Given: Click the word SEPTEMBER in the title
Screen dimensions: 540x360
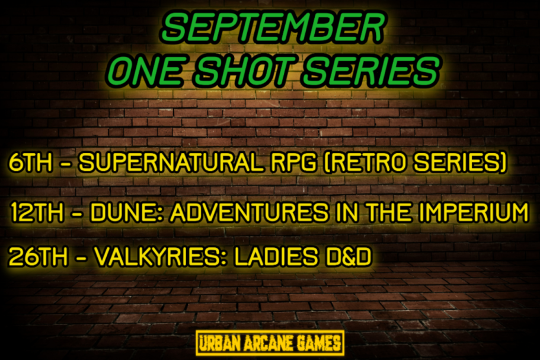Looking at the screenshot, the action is (273, 27).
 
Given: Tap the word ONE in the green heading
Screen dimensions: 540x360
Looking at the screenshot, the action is (145, 71).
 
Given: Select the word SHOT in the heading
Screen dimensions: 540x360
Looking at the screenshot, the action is (245, 71).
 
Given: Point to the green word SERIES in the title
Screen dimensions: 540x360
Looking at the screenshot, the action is (371, 71).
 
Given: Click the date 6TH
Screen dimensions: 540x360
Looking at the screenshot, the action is (31, 163).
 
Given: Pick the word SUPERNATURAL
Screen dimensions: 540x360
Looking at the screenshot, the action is (171, 163).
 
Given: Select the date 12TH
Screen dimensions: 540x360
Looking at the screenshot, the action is (37, 212).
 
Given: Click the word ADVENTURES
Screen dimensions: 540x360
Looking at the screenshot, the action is (250, 212).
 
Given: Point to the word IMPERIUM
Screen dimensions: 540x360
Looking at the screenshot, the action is (474, 212).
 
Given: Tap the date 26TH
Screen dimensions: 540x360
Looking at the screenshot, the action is (38, 257).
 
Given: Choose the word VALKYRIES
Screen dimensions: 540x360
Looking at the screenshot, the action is (161, 257).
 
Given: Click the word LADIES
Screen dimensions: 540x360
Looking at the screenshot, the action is (277, 257).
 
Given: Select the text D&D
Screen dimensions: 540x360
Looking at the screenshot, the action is (349, 257).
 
